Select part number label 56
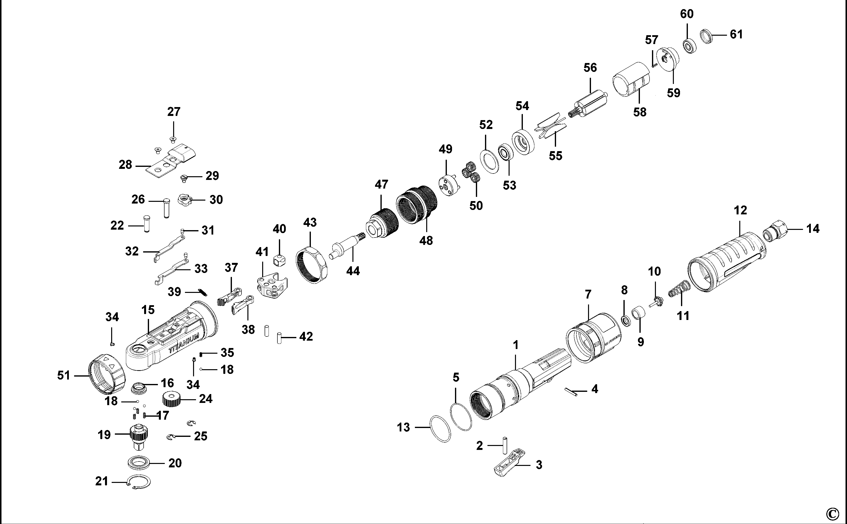point(590,68)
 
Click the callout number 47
point(381,184)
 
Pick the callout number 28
point(125,165)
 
